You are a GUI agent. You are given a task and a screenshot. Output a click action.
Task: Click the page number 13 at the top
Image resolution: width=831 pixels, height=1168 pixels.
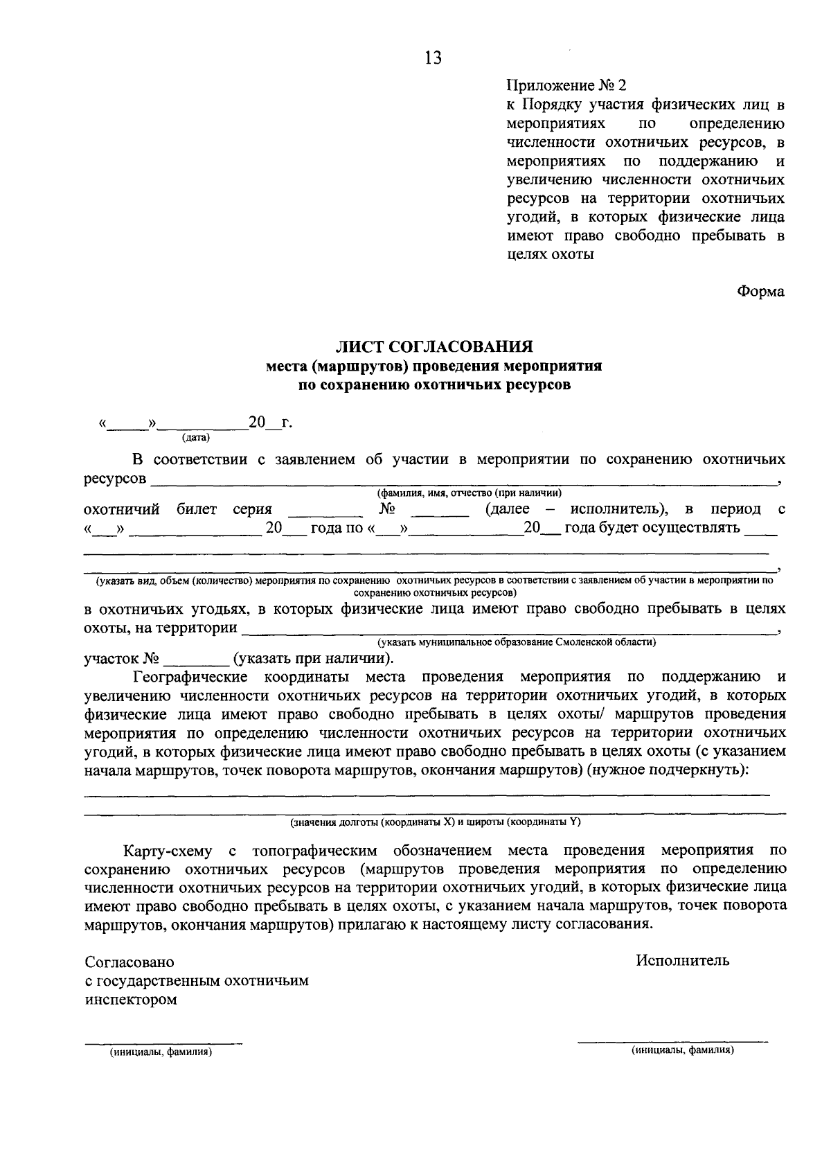[x=434, y=58]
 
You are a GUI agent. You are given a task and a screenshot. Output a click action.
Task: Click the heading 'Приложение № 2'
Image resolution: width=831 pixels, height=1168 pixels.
[x=566, y=86]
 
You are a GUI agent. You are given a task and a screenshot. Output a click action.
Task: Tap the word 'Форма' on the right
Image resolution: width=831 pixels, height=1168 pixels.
[x=760, y=291]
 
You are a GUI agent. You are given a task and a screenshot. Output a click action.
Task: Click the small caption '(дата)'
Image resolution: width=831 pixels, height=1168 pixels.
[x=196, y=438]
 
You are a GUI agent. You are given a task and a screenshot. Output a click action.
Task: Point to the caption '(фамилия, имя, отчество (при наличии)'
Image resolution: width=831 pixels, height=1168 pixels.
[x=469, y=493]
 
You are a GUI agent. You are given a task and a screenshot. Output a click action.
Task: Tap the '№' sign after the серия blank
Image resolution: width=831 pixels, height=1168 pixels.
[x=387, y=509]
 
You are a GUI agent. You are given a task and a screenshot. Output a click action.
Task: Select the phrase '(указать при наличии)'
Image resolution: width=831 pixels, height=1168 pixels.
[x=313, y=658]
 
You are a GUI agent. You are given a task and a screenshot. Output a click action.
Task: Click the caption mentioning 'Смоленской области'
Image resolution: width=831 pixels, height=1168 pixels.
[x=516, y=642]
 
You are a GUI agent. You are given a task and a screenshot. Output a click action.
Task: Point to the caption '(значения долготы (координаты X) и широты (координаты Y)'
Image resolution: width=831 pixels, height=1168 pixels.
[x=435, y=822]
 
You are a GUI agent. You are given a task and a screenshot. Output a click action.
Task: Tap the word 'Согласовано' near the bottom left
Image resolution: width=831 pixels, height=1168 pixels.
[x=129, y=962]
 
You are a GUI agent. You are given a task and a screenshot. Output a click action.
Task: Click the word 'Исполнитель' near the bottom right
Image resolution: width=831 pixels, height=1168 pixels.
[x=683, y=960]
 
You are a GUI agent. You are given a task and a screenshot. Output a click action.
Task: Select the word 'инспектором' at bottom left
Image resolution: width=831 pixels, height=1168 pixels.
[x=130, y=1000]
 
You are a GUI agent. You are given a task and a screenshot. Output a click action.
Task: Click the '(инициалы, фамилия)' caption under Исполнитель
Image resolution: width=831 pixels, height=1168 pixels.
[x=682, y=1050]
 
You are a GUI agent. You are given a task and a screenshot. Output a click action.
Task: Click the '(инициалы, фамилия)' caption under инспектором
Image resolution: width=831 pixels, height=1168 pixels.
[x=160, y=1052]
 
